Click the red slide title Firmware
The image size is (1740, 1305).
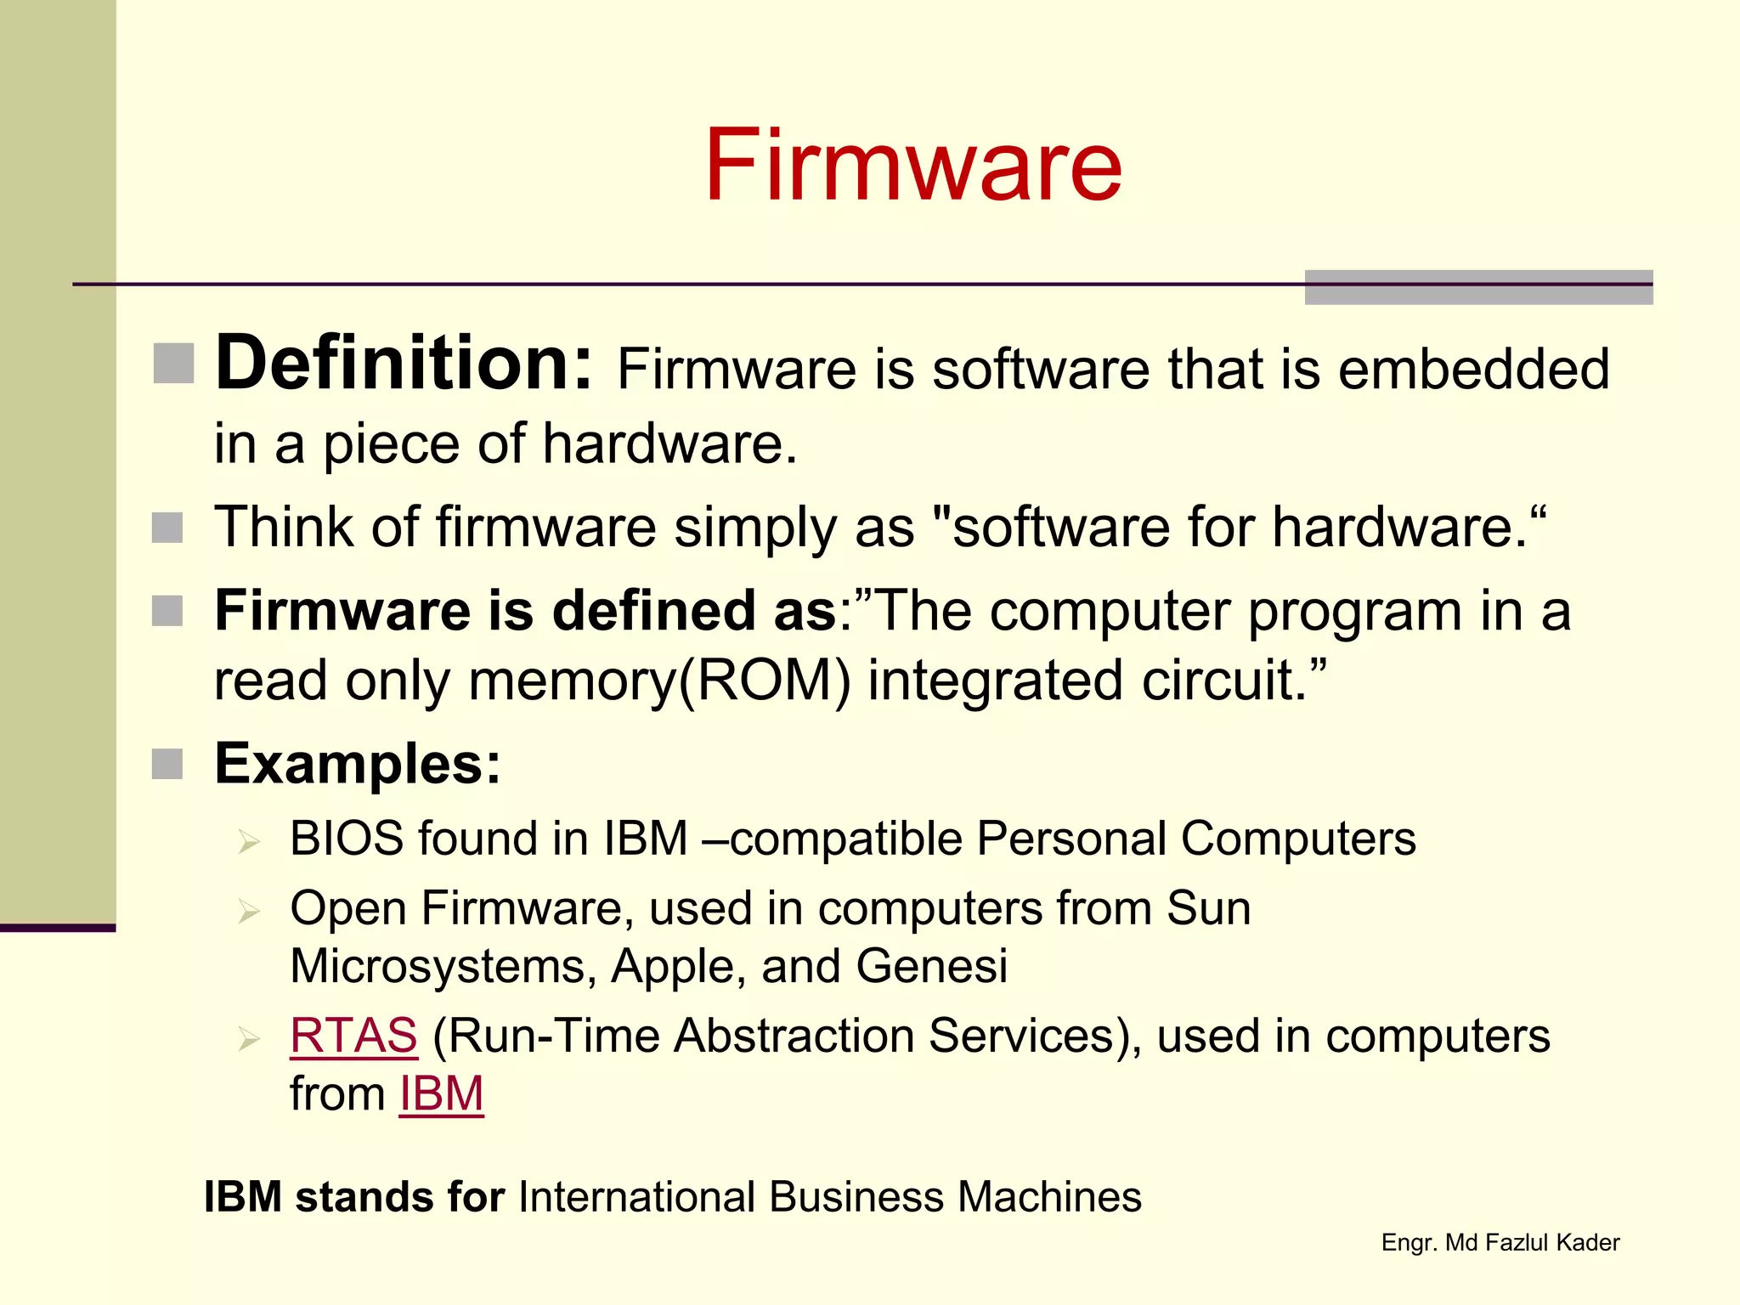(913, 165)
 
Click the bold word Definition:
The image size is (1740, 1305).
(404, 364)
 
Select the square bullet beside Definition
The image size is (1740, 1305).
(174, 364)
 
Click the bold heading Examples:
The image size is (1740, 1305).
(358, 763)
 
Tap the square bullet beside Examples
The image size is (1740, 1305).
(167, 764)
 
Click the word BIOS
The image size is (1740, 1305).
(347, 839)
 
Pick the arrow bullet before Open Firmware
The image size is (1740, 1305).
(249, 912)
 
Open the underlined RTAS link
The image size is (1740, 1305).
(353, 1036)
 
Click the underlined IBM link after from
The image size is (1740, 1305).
(441, 1093)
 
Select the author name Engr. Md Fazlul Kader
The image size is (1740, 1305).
(1500, 1243)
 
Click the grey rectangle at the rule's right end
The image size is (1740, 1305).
(1478, 287)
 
